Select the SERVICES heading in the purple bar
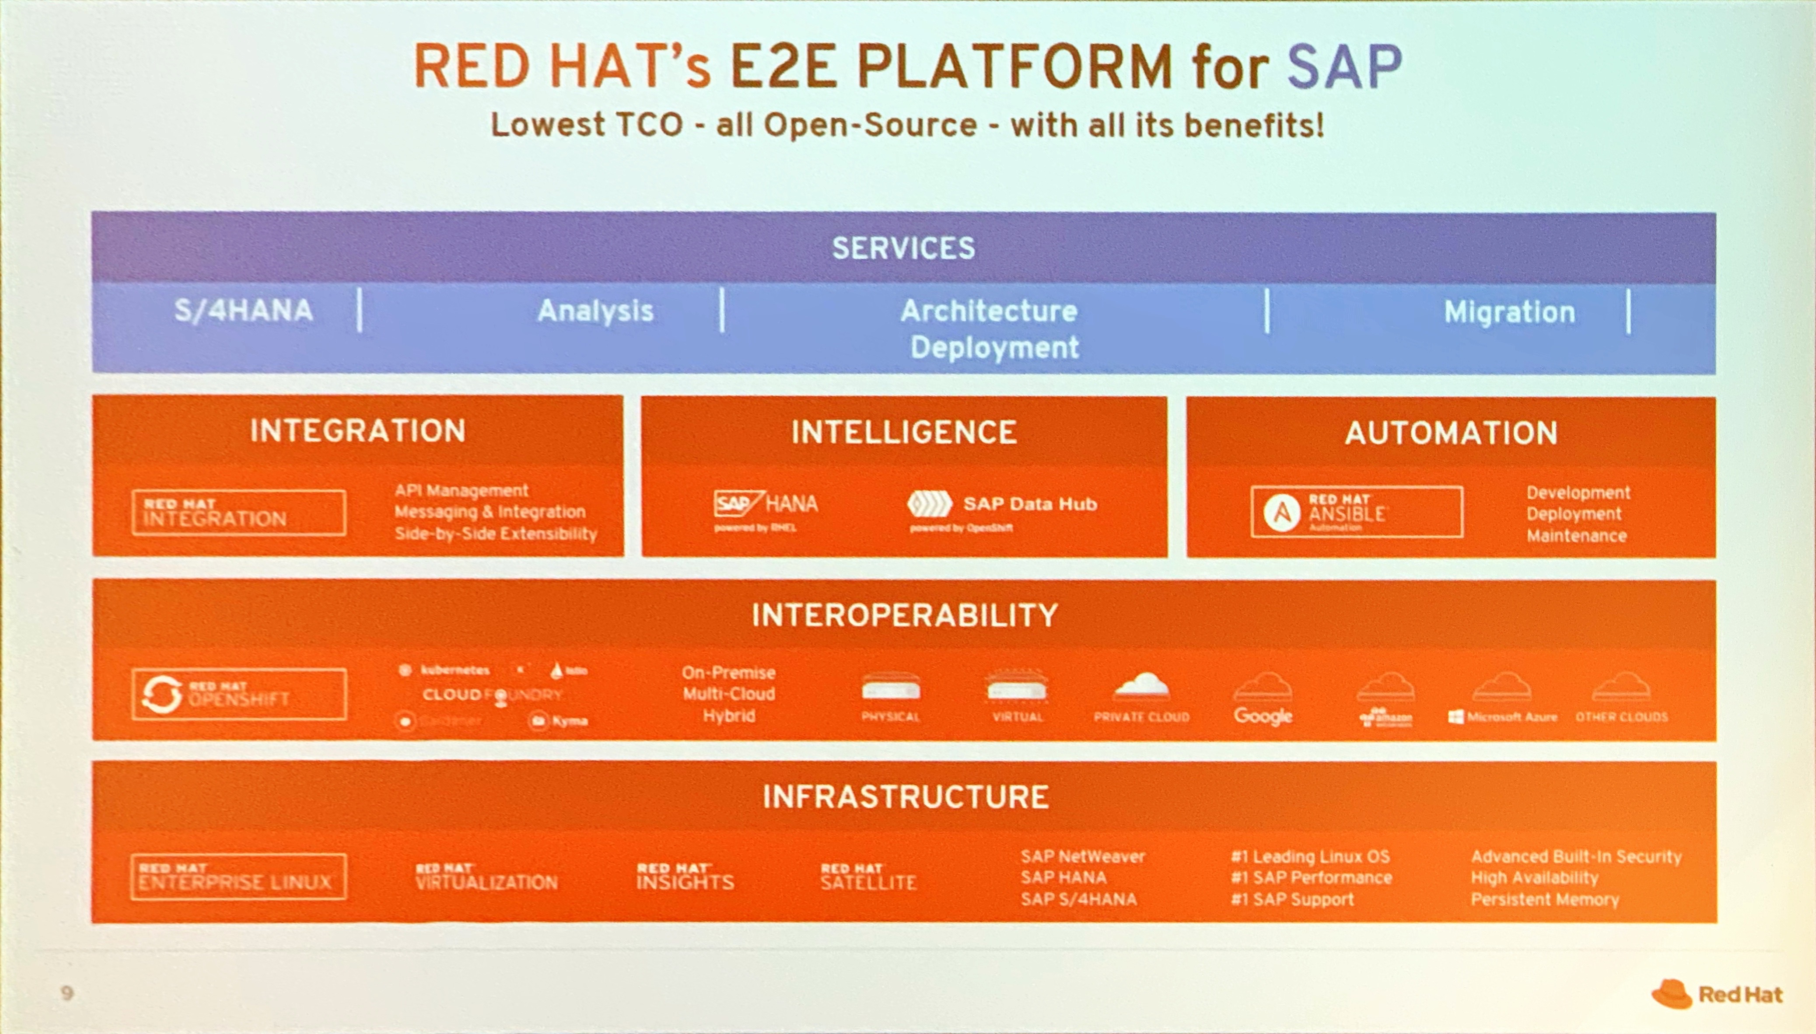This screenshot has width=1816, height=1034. pos(903,248)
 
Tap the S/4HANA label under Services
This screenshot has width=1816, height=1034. pos(244,311)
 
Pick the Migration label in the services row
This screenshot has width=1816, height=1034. pos(1509,312)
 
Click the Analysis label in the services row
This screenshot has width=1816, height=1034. pos(595,311)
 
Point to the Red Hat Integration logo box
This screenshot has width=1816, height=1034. pos(238,512)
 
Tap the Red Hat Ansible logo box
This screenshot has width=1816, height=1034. pos(1356,512)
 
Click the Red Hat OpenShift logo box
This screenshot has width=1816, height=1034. pos(238,694)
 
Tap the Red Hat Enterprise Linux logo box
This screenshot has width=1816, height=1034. pos(238,877)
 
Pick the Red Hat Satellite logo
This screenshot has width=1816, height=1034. pos(868,878)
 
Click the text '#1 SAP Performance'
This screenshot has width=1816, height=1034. pos(1311,878)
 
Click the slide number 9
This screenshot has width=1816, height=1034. pos(67,993)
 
